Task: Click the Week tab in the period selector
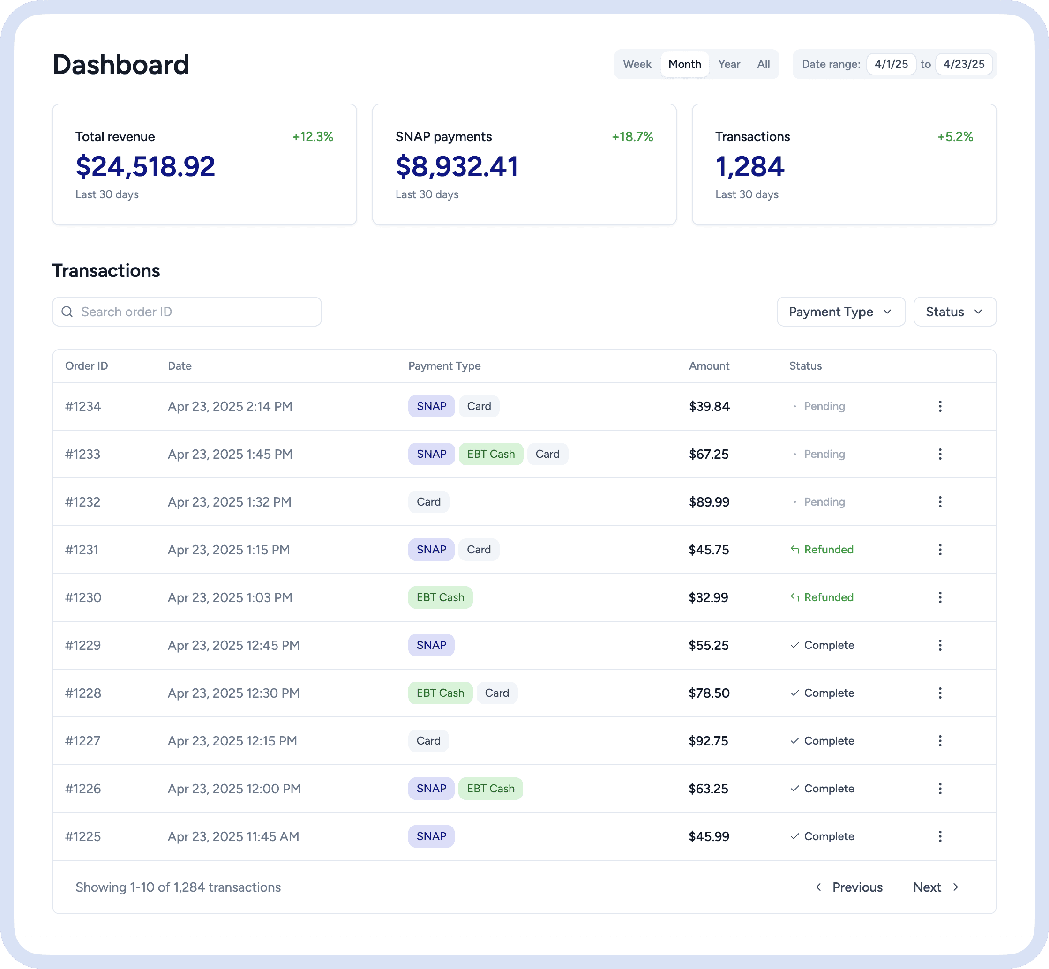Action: [x=637, y=64]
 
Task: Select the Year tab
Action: [x=729, y=64]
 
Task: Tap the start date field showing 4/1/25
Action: [x=891, y=64]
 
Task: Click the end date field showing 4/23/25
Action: [x=964, y=64]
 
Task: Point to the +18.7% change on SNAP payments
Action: [x=632, y=137]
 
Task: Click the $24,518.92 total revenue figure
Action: [x=145, y=166]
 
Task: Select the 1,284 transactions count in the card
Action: [x=749, y=166]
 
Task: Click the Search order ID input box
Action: [x=187, y=312]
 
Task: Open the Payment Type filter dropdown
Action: [x=841, y=312]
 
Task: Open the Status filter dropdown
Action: [x=955, y=312]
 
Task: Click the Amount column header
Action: [x=709, y=366]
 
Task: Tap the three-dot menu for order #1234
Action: [x=940, y=406]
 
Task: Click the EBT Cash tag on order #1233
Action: [x=491, y=454]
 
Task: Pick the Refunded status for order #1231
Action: [x=822, y=550]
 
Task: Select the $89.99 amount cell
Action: [x=709, y=502]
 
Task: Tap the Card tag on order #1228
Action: [x=497, y=693]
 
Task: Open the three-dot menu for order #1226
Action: [x=940, y=789]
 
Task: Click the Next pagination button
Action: [x=936, y=887]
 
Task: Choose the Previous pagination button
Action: [x=849, y=887]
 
